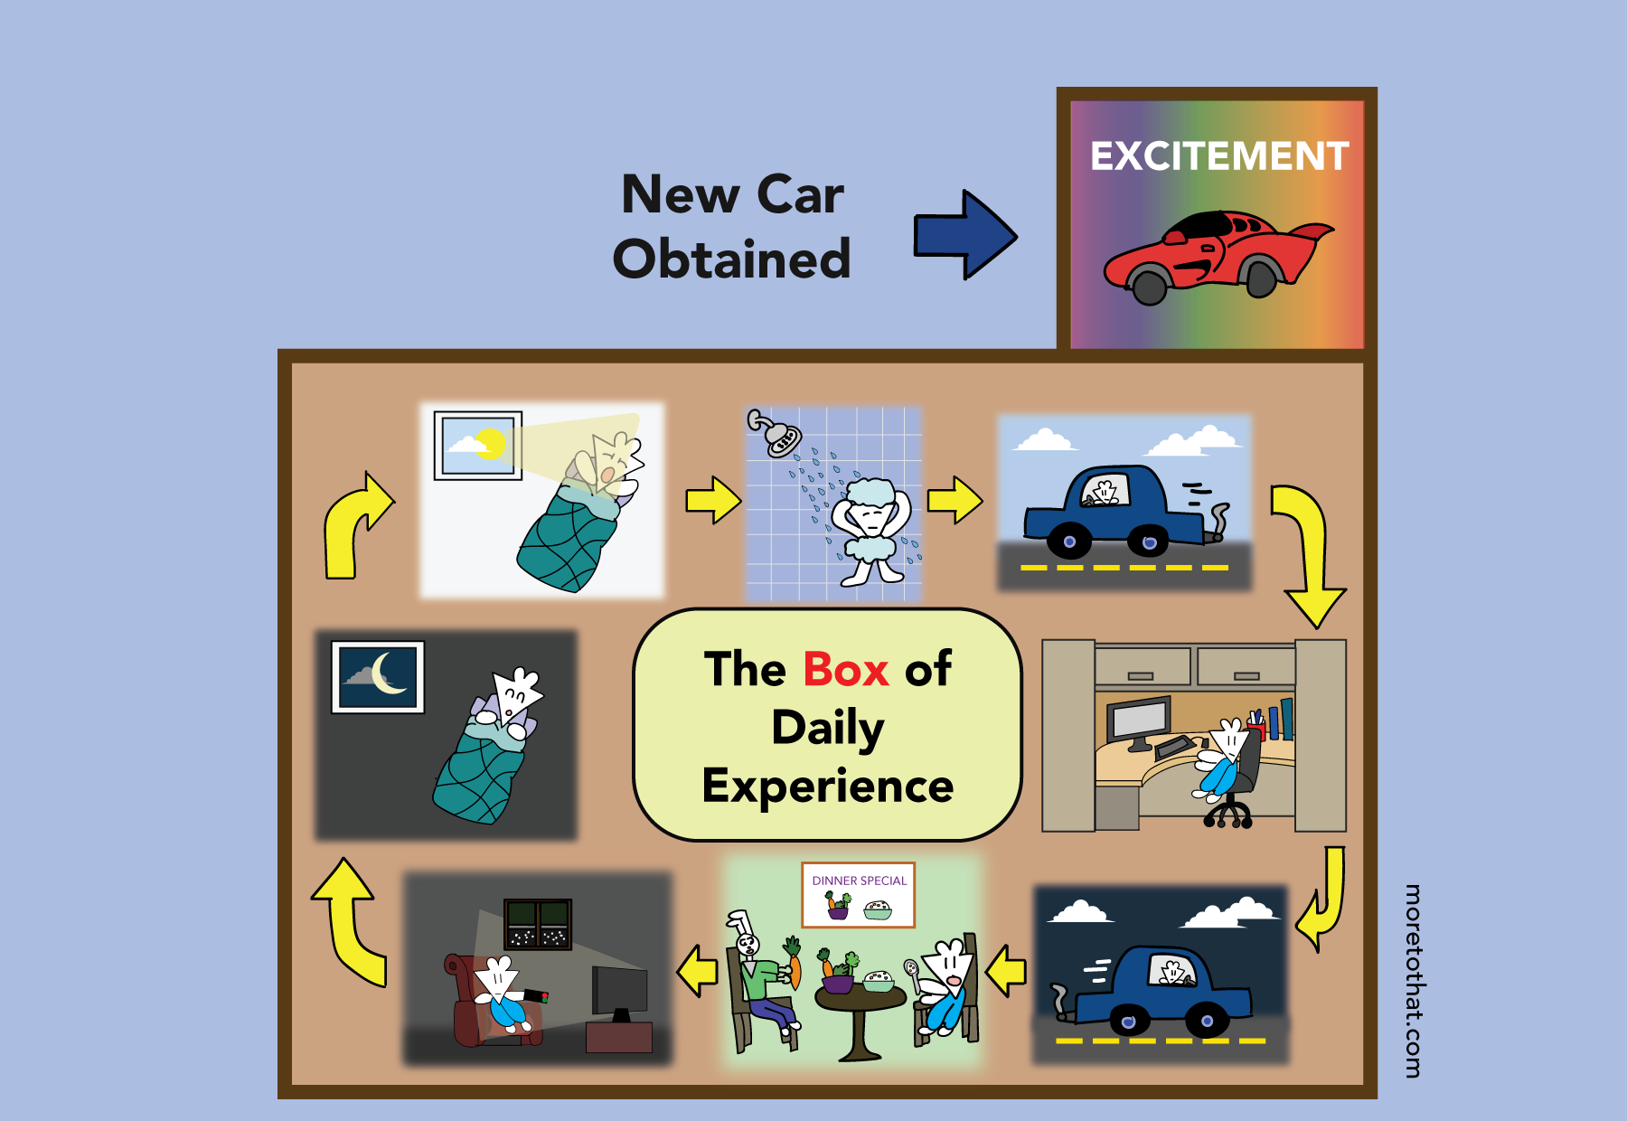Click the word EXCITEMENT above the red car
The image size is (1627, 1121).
tap(1218, 156)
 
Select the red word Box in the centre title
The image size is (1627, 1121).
tap(845, 670)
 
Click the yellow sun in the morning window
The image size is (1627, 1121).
tap(490, 443)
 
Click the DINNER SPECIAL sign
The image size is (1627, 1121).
tap(859, 894)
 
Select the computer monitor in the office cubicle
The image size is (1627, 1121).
tap(1139, 721)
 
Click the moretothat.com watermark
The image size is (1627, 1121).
tap(1412, 980)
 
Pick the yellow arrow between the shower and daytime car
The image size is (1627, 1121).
tap(955, 499)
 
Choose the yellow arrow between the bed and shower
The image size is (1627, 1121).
tap(712, 499)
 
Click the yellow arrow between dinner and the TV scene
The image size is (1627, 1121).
tap(698, 972)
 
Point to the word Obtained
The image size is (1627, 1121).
tap(731, 259)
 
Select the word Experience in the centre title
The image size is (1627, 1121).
tap(827, 785)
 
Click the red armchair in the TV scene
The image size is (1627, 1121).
tap(470, 1003)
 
